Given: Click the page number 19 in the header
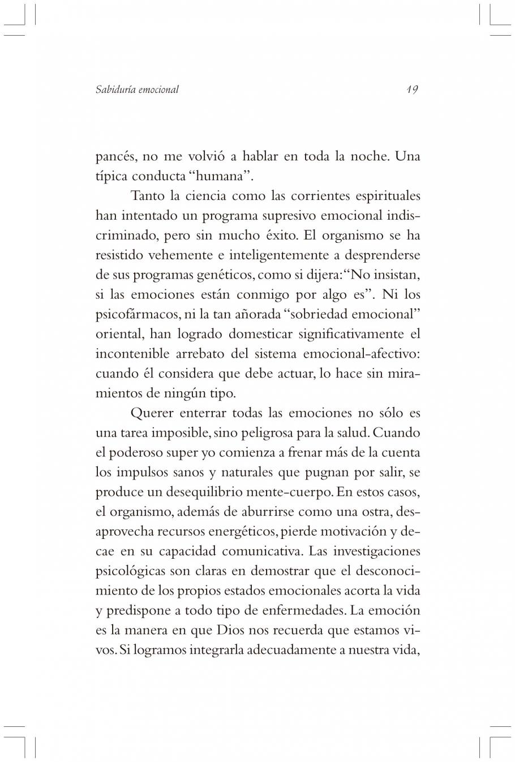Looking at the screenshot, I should (411, 89).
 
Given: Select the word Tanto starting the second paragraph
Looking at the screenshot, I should (148, 196).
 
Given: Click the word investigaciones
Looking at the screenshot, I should (376, 551).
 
